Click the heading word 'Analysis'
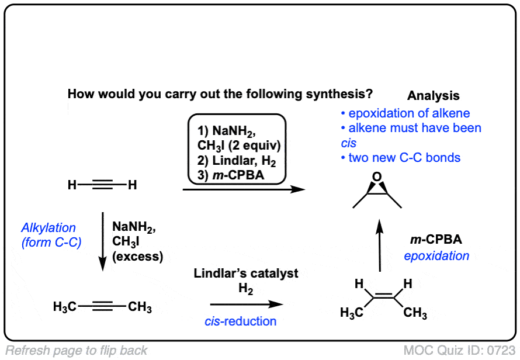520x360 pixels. tap(433, 96)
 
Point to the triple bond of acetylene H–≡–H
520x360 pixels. tap(102, 186)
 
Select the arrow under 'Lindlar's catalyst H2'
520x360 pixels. tap(246, 304)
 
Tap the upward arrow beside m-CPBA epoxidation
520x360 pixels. tap(380, 245)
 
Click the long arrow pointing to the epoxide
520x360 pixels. tap(244, 189)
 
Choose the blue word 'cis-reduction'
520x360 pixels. tap(241, 321)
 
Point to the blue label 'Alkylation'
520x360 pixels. tap(49, 228)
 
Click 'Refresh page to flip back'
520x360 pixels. tap(77, 351)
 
